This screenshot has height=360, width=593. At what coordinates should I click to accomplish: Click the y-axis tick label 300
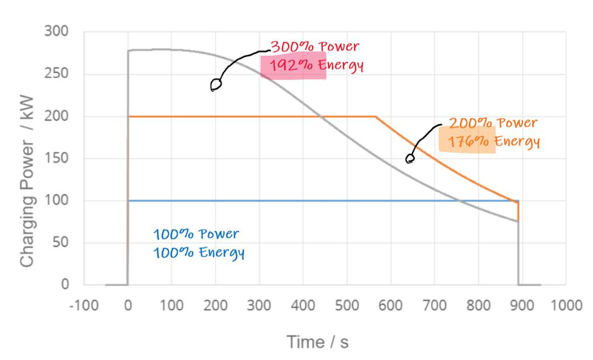click(57, 32)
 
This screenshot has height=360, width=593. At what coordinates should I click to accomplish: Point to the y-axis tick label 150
click(57, 159)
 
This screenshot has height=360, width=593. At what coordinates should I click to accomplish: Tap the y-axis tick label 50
click(61, 243)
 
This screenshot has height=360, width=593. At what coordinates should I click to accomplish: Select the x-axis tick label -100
click(84, 306)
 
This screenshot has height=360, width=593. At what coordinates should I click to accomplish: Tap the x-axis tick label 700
click(434, 306)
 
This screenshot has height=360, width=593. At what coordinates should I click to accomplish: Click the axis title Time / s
click(318, 342)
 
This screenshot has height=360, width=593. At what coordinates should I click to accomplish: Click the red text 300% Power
click(315, 47)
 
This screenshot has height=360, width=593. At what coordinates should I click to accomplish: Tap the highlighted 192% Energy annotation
click(316, 66)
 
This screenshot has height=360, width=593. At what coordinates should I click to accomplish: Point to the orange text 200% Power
click(493, 123)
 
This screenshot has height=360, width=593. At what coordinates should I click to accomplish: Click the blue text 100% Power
click(196, 234)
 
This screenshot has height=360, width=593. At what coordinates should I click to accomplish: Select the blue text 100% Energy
click(199, 252)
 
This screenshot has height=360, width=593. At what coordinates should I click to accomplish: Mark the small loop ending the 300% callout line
click(216, 85)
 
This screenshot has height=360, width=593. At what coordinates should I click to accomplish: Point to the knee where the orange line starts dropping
click(375, 116)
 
